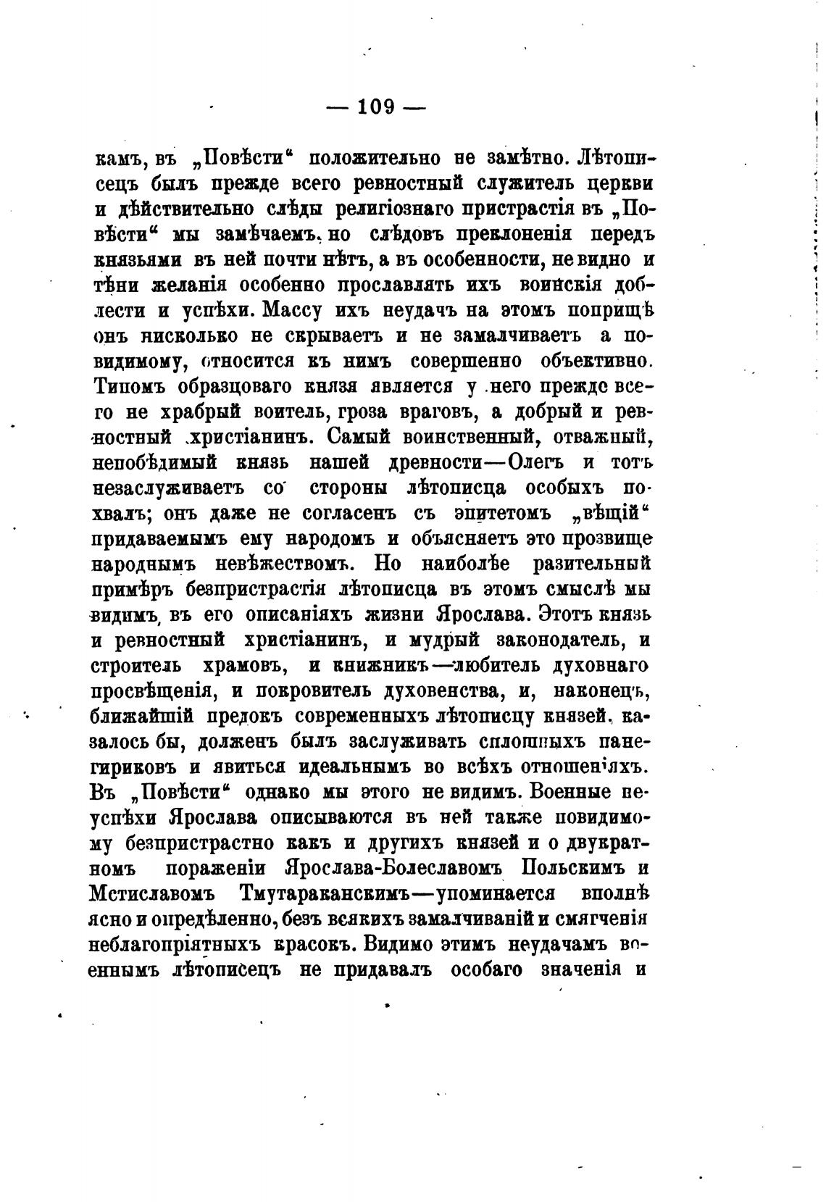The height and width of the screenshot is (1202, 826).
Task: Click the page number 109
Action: tap(375, 107)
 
